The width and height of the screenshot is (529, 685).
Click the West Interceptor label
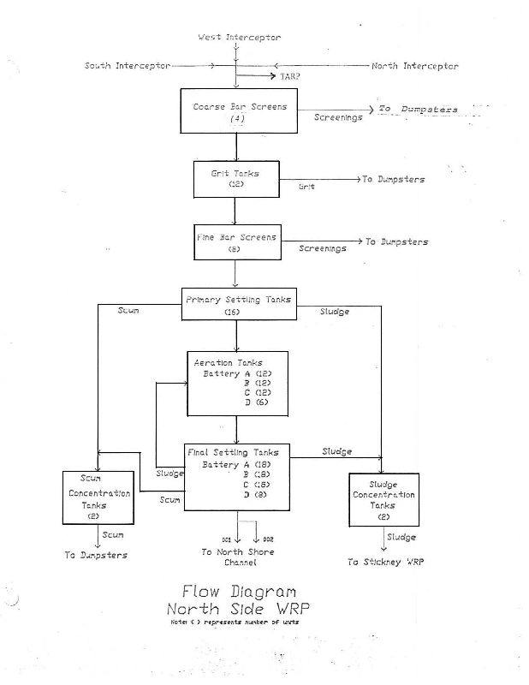[x=239, y=38]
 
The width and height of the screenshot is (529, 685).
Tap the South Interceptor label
[x=128, y=66]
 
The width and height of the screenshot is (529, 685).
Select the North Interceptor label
[x=414, y=66]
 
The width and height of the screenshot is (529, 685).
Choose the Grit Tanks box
[x=235, y=179]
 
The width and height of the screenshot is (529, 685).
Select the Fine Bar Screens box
[x=236, y=242]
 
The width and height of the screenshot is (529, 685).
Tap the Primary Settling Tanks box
[x=238, y=304]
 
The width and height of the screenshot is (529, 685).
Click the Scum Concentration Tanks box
[x=99, y=497]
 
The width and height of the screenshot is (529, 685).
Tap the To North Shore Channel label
[x=238, y=557]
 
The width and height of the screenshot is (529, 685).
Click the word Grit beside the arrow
[x=306, y=186]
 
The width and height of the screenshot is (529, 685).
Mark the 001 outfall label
[x=227, y=539]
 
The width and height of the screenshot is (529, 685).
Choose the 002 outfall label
[x=268, y=539]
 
